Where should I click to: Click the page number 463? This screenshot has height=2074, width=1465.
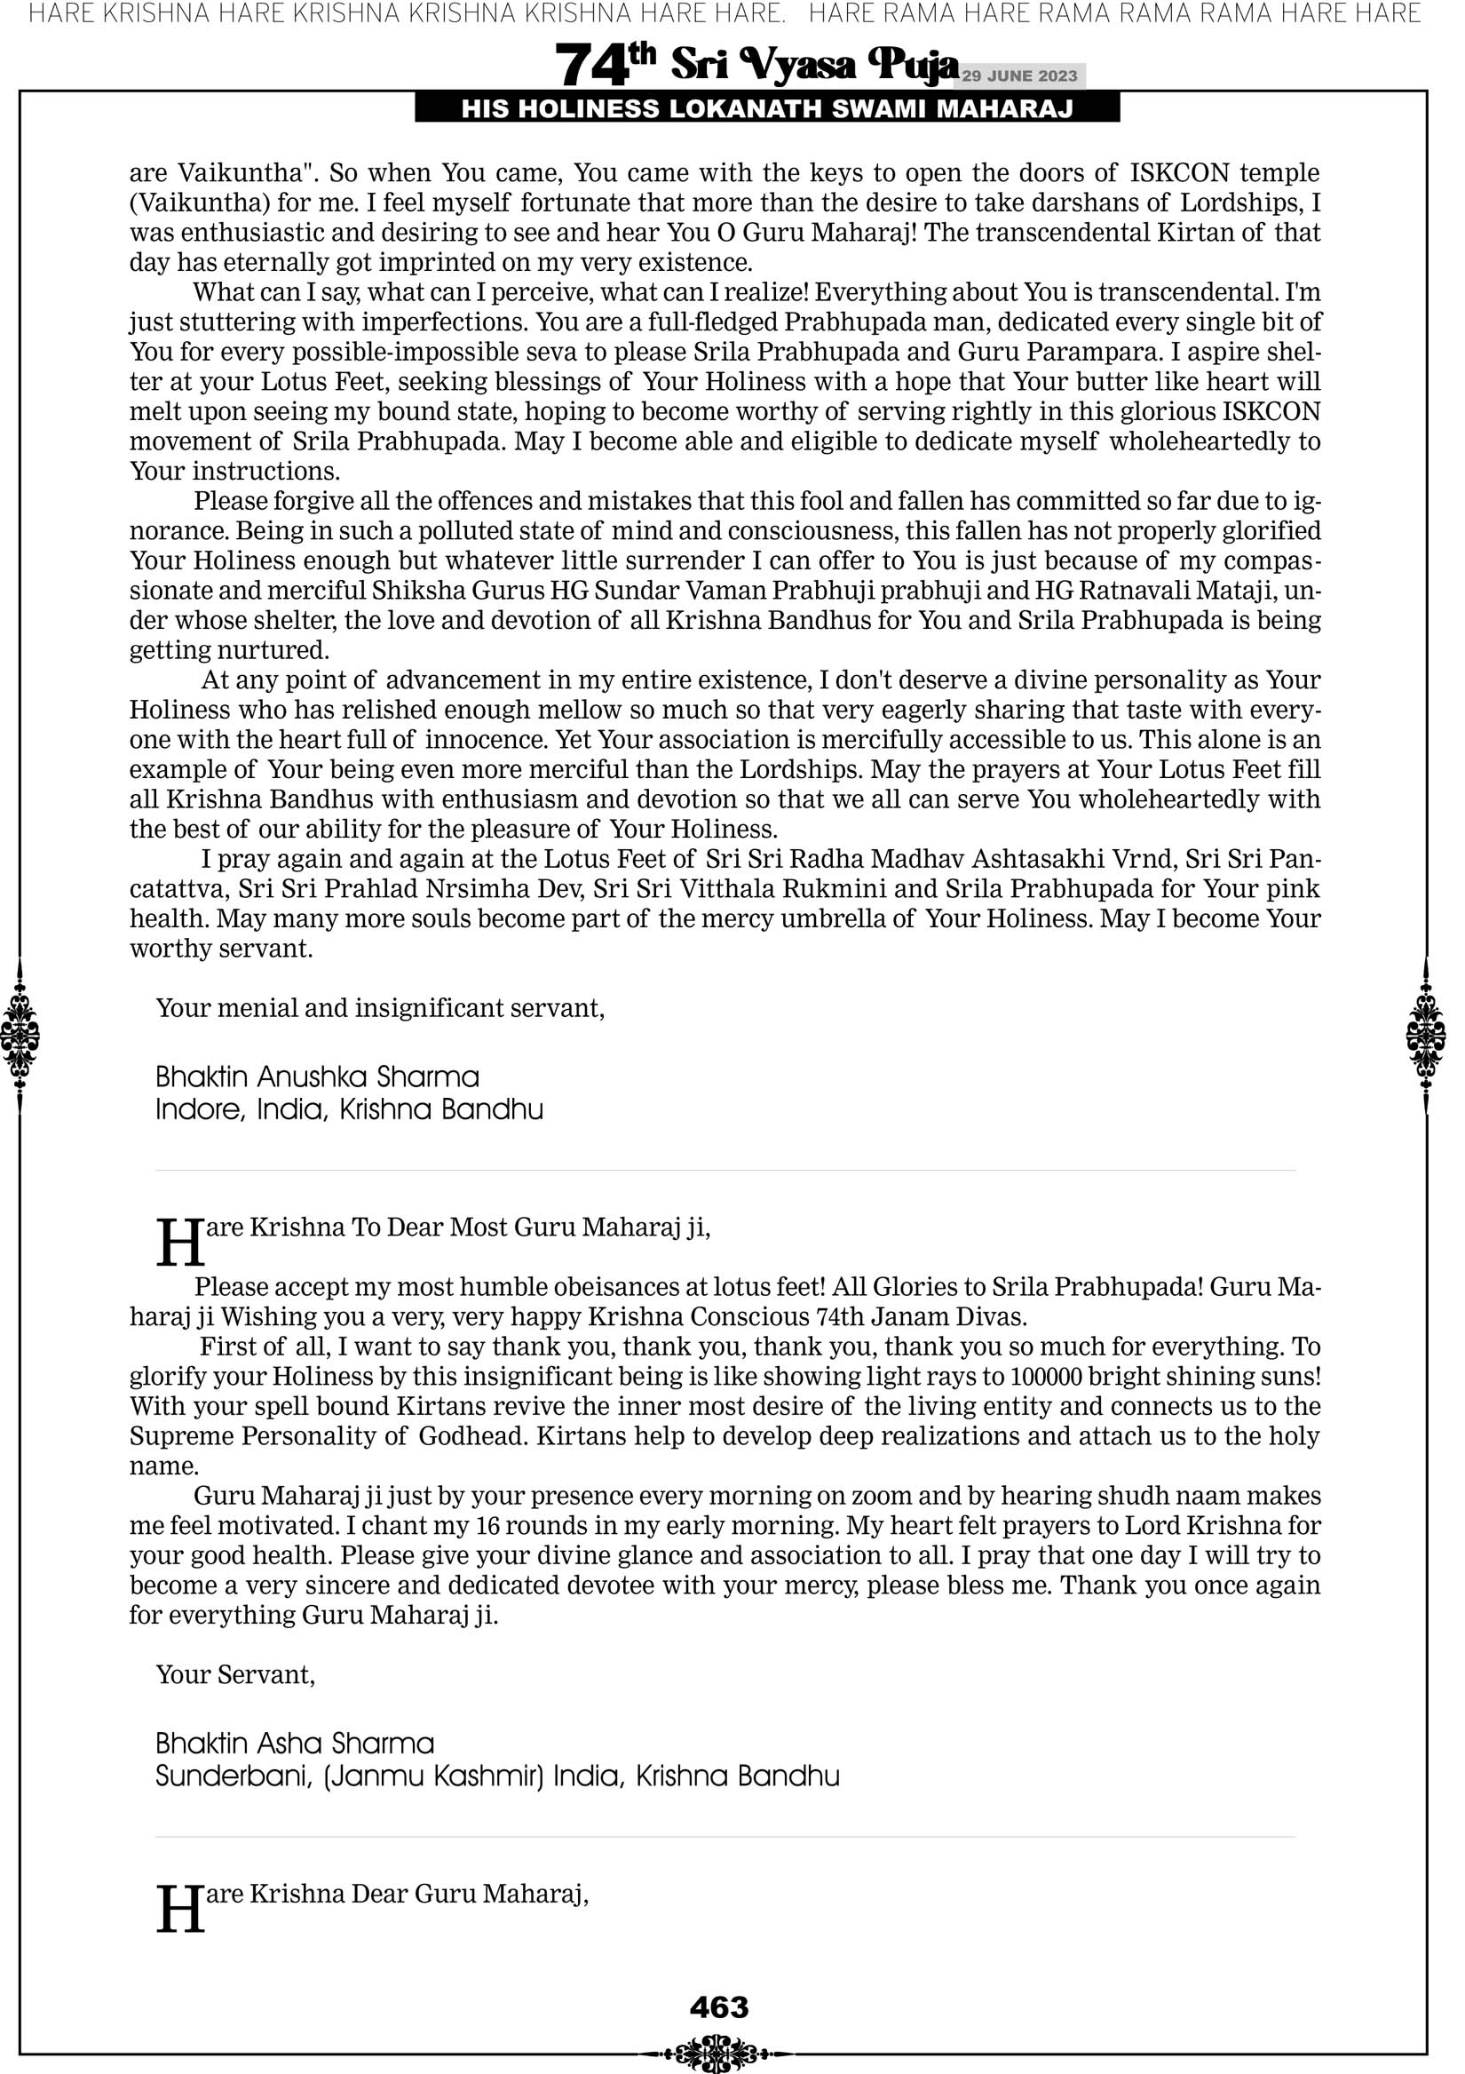point(719,2007)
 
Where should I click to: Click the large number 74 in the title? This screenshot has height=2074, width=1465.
point(591,65)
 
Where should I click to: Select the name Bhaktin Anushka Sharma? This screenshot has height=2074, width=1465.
point(317,1077)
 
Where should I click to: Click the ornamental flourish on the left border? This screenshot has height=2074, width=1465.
point(20,1035)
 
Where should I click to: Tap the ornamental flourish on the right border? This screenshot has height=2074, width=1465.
point(1426,1035)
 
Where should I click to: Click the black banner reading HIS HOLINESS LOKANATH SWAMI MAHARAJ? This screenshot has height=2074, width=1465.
point(767,109)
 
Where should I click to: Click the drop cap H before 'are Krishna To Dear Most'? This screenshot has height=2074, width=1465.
point(179,1243)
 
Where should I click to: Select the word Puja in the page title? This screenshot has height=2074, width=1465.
point(912,65)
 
